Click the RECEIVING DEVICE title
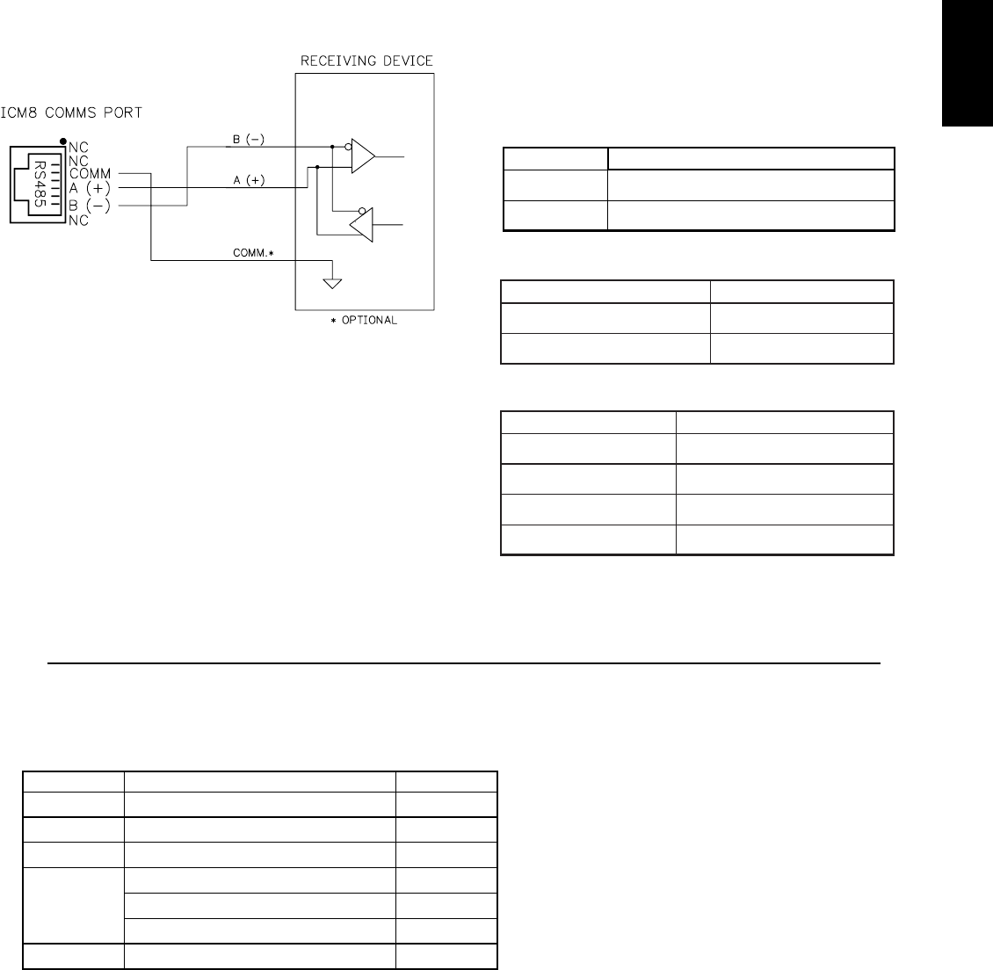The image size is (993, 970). [366, 61]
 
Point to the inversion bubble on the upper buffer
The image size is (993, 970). [348, 147]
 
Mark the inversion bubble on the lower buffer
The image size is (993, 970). [362, 212]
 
